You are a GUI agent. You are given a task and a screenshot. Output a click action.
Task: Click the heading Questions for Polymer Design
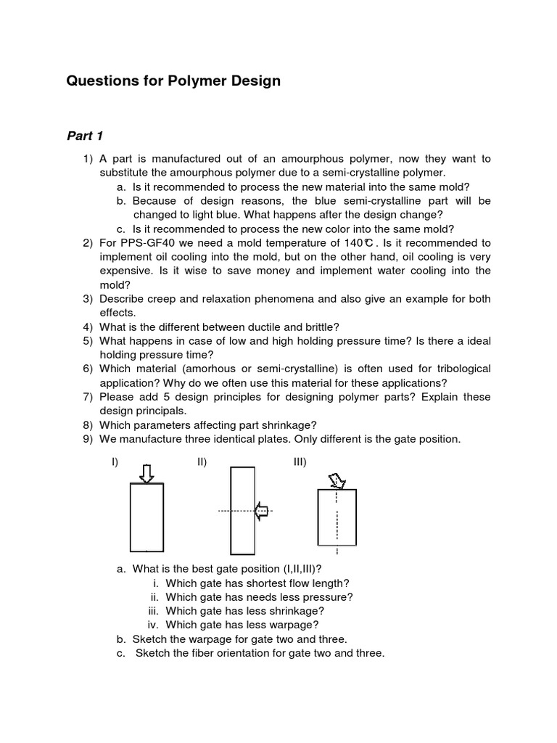click(x=173, y=81)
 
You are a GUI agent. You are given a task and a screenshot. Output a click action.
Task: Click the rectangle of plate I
click(x=147, y=517)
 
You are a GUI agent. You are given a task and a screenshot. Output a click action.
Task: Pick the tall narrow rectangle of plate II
click(x=242, y=511)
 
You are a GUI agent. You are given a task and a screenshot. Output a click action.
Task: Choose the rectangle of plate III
click(x=337, y=517)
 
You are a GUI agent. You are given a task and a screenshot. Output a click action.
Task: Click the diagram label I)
click(x=115, y=462)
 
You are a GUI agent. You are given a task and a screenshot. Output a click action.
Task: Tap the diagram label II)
click(x=202, y=462)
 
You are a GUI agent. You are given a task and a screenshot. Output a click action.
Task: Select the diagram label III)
click(x=300, y=462)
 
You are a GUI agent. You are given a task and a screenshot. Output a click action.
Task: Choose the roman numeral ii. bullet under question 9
click(x=155, y=597)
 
